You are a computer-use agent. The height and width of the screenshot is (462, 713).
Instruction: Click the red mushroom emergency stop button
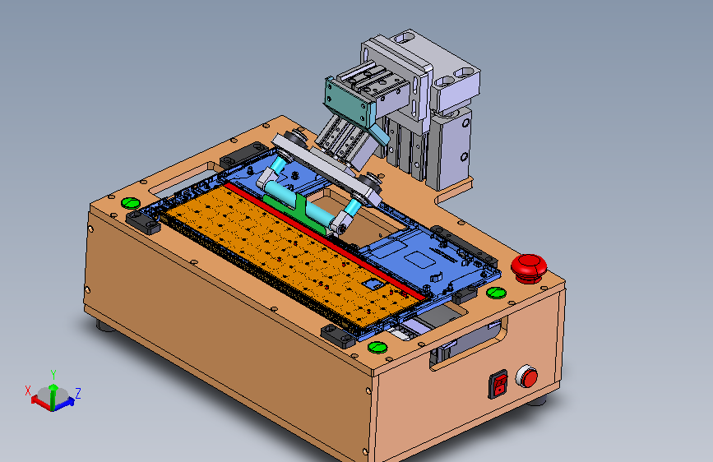[529, 268]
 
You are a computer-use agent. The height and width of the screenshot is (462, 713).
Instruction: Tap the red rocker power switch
[498, 384]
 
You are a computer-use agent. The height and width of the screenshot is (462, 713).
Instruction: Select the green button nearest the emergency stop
[496, 293]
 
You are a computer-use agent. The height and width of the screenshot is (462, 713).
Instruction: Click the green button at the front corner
[377, 348]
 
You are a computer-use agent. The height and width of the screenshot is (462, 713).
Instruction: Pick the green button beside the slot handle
[131, 203]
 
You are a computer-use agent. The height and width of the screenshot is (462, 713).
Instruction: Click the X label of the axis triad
[28, 390]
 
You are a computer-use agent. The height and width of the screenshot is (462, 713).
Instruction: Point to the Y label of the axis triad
[53, 375]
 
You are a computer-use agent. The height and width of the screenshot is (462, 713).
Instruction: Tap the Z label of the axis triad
[78, 393]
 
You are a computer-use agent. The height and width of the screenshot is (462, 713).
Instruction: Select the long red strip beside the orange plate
[326, 243]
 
